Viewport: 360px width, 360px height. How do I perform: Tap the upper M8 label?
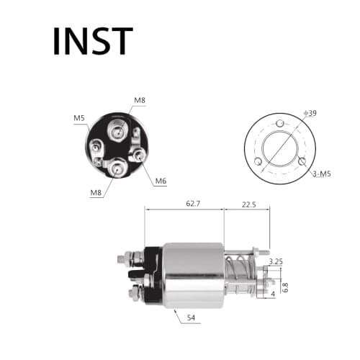pyautogui.click(x=139, y=99)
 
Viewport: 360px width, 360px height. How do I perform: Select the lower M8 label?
pyautogui.click(x=96, y=193)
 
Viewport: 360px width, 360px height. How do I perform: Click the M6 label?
pyautogui.click(x=161, y=180)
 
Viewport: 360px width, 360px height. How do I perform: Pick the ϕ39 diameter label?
pyautogui.click(x=312, y=113)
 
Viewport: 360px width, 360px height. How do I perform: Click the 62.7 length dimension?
pyautogui.click(x=192, y=204)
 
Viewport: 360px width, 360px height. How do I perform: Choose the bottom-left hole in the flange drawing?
pyautogui.click(x=258, y=161)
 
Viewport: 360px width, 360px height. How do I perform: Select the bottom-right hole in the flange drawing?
pyautogui.click(x=302, y=161)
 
